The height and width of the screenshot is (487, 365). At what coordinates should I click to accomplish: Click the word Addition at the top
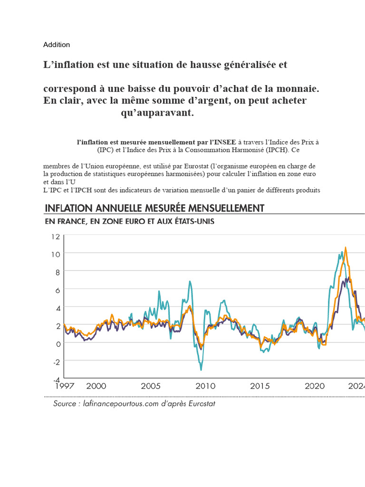click(x=57, y=45)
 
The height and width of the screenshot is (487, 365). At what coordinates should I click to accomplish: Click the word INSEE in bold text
click(x=222, y=142)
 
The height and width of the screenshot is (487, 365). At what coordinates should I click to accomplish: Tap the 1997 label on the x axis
click(x=65, y=386)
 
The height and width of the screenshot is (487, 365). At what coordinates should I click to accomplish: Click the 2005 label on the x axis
click(x=150, y=386)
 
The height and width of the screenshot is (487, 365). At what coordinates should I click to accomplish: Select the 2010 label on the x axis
click(x=205, y=386)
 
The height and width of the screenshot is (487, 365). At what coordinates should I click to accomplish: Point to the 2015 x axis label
click(x=260, y=386)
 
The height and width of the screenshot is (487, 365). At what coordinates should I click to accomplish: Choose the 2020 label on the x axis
click(x=315, y=386)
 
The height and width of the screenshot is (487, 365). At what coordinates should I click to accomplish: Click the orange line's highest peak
click(x=346, y=247)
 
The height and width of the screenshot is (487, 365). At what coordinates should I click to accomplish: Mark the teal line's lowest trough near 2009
click(x=201, y=370)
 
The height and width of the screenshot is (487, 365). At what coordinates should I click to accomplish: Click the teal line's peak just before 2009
click(x=190, y=282)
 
